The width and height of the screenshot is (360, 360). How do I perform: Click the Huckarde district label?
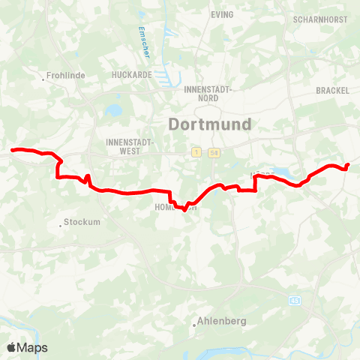132,75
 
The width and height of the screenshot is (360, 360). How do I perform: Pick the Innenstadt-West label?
130,145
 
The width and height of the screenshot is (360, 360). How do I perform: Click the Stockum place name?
82,222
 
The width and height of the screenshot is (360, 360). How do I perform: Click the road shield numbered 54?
214,153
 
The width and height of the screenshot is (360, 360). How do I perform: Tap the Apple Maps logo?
27,347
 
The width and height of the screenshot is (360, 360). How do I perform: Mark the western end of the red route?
12,150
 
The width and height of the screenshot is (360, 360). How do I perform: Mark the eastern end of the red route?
348,165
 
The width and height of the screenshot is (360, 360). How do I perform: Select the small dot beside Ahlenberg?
194,324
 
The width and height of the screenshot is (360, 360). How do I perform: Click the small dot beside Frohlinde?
43,76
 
